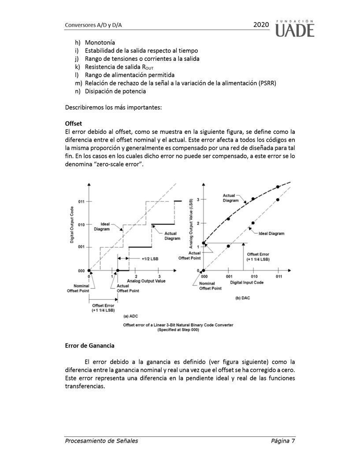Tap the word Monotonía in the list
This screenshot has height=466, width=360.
tap(100, 43)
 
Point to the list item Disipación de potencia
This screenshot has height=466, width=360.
tap(115, 91)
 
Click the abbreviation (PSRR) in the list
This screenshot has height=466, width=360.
tap(267, 83)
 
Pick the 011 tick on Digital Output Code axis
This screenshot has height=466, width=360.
tap(82, 201)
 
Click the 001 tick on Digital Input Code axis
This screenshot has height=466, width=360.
tap(228, 277)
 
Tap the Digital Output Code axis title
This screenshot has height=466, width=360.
tap(71, 225)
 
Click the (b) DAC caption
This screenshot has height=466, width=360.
tap(242, 298)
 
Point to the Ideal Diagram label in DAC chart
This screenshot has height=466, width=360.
tap(271, 233)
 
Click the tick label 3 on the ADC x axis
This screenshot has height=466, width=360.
tap(159, 276)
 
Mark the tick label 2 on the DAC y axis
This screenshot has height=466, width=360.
tap(198, 223)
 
